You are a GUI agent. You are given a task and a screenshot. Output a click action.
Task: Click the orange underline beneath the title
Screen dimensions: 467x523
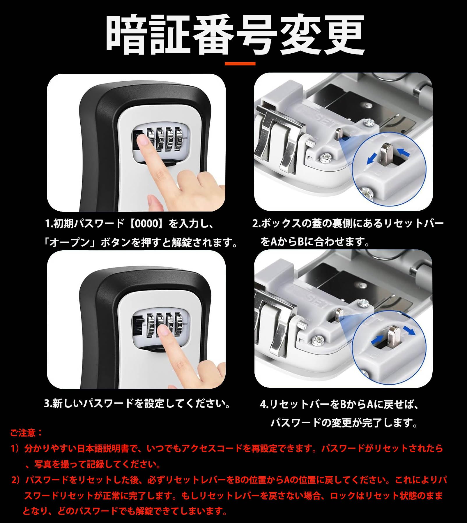click(x=240, y=64)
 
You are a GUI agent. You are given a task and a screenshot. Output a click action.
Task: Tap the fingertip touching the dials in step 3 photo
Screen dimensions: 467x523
click(x=163, y=330)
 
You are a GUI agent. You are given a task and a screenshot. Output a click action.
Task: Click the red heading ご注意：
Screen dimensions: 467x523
click(x=26, y=433)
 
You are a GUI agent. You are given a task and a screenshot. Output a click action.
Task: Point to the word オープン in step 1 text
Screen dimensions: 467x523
click(x=70, y=242)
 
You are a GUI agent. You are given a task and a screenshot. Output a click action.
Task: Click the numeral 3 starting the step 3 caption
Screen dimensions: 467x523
click(x=47, y=404)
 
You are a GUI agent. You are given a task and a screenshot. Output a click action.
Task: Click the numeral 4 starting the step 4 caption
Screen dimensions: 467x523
click(x=263, y=405)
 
